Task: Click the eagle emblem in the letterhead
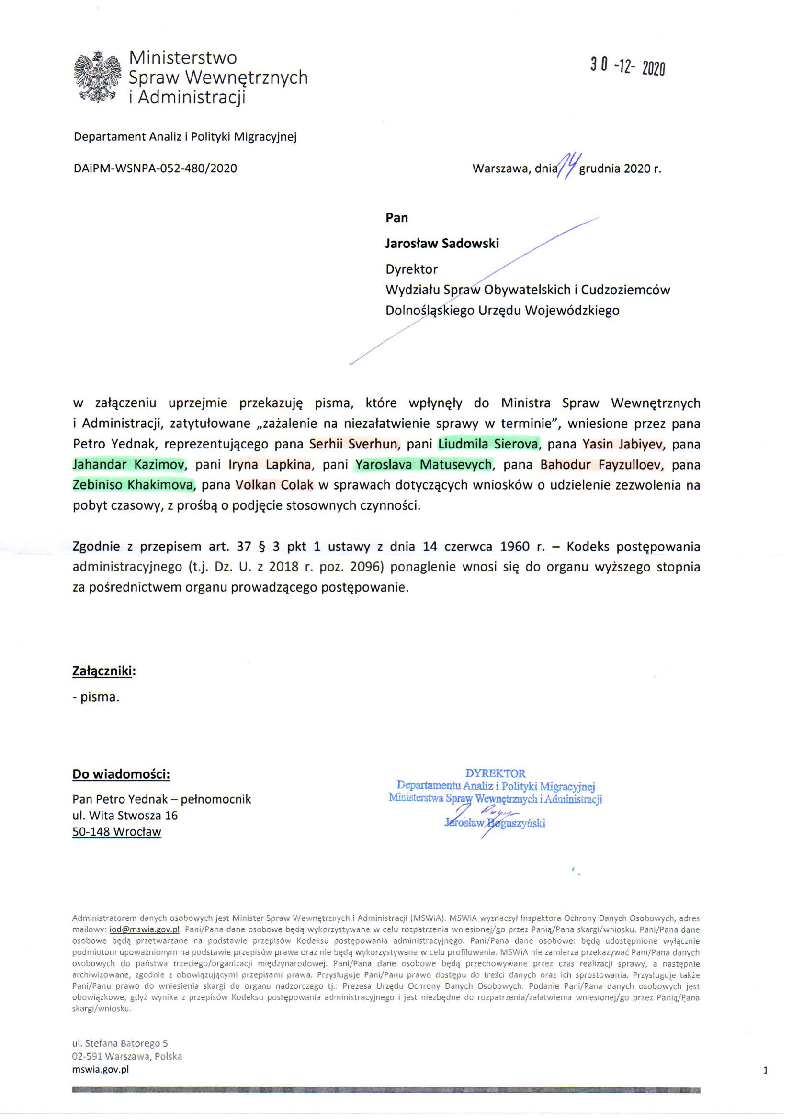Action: [x=97, y=77]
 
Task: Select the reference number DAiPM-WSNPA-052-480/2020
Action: [x=155, y=168]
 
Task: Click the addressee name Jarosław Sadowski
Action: [x=442, y=243]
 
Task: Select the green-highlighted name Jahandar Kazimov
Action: [x=129, y=464]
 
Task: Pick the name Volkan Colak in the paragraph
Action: [x=275, y=485]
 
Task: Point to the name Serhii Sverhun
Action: [x=354, y=444]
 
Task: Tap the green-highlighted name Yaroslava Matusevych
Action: [x=423, y=464]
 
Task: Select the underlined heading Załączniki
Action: [x=103, y=671]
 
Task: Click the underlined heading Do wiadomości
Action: [x=121, y=774]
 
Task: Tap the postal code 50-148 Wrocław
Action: [x=116, y=832]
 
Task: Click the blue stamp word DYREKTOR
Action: [x=495, y=773]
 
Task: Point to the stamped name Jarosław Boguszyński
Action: [x=495, y=823]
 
